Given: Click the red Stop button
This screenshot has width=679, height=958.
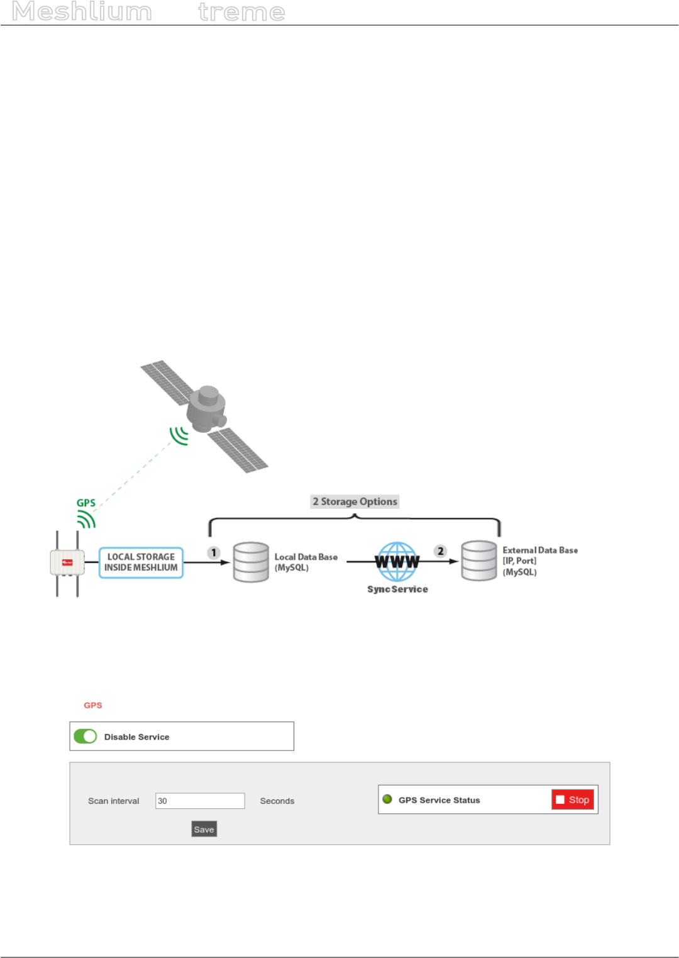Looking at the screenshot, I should tap(573, 799).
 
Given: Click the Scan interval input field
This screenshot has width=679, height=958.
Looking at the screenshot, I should tap(200, 801).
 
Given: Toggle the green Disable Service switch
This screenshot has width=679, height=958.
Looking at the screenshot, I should tap(86, 737).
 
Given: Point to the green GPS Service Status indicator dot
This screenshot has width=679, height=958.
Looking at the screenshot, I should tap(387, 799).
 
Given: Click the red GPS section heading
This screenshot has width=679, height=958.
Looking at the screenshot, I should tap(93, 705).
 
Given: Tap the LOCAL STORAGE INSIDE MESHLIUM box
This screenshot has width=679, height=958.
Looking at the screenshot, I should tap(141, 562).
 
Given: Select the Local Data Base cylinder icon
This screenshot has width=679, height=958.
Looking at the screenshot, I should tap(251, 562).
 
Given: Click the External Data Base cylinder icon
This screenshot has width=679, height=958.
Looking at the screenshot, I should tap(479, 560).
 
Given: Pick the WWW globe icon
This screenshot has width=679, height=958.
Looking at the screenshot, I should tap(397, 561).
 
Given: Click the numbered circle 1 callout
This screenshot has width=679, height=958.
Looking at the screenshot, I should tap(214, 553).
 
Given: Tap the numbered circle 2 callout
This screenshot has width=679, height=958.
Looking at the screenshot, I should tap(441, 551).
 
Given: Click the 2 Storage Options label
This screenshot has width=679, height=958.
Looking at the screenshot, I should tap(355, 501).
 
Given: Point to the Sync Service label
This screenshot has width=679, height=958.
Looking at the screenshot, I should tap(397, 589).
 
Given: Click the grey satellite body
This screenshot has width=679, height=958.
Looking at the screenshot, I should tap(206, 409).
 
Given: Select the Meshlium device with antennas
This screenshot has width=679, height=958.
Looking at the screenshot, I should tap(67, 563).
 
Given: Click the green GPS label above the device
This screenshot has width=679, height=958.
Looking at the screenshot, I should tap(86, 503).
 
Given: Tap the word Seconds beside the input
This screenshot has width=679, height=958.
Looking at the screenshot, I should tap(277, 801).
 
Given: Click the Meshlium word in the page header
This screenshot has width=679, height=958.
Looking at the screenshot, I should tap(82, 12).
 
